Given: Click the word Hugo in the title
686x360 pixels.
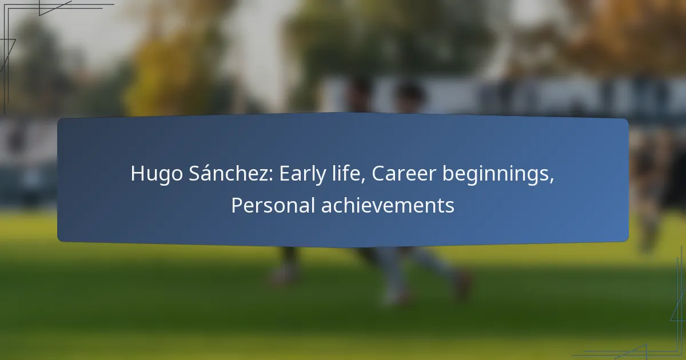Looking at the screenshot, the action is pos(157,174).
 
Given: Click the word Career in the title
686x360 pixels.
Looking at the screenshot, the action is pos(404,173).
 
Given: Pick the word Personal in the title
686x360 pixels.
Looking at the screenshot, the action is pos(273,205).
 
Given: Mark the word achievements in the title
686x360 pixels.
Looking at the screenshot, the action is pos(388,205).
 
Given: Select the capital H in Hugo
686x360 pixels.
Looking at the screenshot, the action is pos(138,173).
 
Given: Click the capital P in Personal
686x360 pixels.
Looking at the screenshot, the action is pos(237,205).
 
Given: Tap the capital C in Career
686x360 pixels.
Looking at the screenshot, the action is pos(378,173).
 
